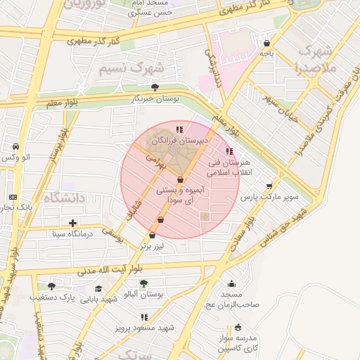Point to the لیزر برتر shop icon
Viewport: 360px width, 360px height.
pos(153,236)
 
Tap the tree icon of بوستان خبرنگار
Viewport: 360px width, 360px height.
pos(155,87)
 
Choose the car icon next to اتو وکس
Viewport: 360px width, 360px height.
pos(15,146)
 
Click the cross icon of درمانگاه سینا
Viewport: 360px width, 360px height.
pos(53,223)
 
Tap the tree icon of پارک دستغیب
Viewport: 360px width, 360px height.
pos(51,286)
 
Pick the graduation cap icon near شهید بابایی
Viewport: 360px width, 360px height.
pos(98,288)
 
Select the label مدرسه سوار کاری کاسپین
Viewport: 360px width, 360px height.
pos(237,343)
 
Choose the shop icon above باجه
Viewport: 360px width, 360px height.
pos(266,42)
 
